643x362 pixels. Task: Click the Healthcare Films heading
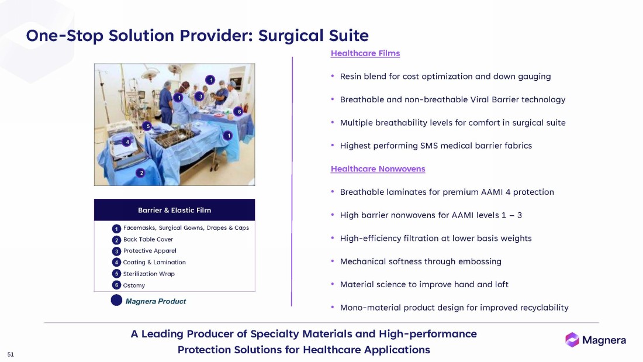(365, 53)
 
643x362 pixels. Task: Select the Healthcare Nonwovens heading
(378, 168)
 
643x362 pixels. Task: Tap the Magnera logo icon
(572, 340)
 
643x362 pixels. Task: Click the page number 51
(11, 354)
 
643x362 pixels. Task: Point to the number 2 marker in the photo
(141, 173)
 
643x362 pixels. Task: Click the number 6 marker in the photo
(240, 112)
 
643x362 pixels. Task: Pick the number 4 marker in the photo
(127, 142)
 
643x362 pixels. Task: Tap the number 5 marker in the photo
(148, 126)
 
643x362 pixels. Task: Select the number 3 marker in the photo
(200, 96)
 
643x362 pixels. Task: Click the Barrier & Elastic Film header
(174, 210)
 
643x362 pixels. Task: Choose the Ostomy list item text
(134, 285)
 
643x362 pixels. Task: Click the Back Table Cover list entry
(148, 239)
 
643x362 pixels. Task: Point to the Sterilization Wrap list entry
(149, 274)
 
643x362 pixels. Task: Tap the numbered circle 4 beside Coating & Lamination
(116, 262)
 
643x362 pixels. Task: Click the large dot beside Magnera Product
(116, 301)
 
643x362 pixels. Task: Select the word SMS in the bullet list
(430, 146)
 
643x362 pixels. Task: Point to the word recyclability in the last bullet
(544, 308)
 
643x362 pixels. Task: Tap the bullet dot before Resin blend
(333, 76)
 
